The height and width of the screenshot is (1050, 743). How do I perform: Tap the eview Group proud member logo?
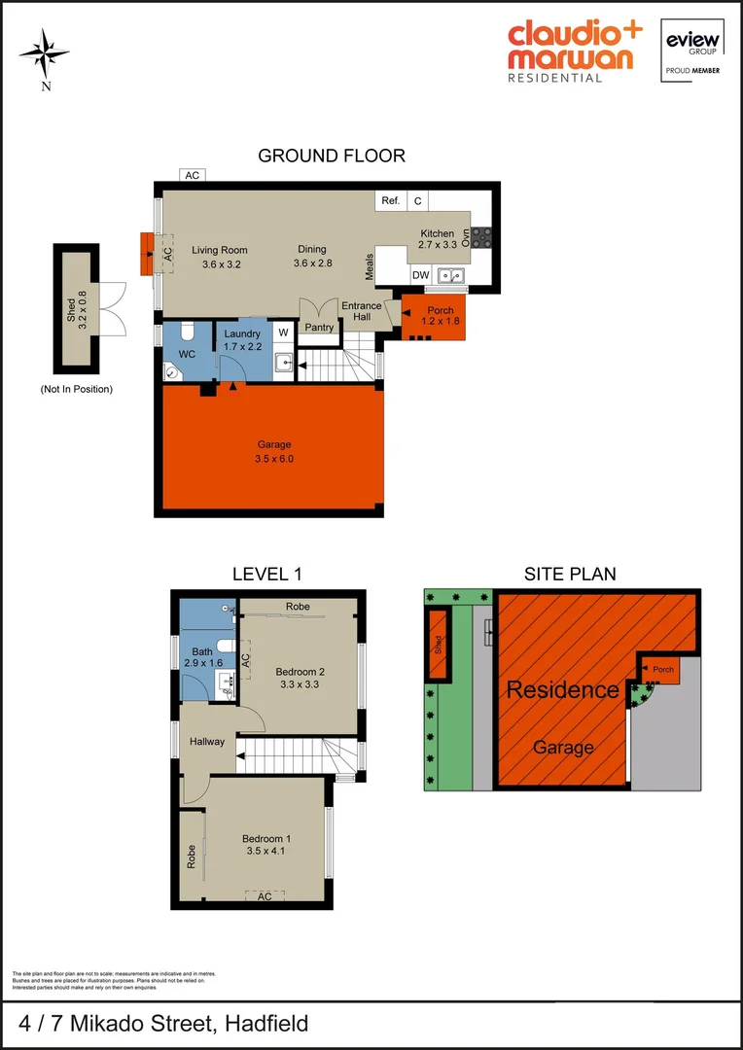pos(690,50)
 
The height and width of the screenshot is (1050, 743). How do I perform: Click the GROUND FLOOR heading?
pos(332,156)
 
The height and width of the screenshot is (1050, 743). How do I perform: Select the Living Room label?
pos(220,250)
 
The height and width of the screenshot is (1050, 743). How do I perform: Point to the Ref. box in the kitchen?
pos(391,200)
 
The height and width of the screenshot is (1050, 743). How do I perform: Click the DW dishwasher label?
pos(420,275)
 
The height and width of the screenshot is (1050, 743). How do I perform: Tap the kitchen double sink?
pos(450,275)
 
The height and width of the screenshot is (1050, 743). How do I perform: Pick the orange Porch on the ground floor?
pos(434,315)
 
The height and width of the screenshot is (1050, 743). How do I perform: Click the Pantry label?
pos(319,328)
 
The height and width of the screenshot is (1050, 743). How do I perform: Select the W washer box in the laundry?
pos(283,332)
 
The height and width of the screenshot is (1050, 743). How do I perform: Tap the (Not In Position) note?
pos(77,389)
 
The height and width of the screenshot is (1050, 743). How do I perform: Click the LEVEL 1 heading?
pos(261,575)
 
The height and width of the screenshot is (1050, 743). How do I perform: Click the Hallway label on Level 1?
pos(207,742)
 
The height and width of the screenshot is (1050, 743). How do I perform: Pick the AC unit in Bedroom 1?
pos(265,896)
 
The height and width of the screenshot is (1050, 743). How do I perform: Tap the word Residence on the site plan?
pos(562,690)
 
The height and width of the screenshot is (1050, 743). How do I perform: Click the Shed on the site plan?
pos(439,643)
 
